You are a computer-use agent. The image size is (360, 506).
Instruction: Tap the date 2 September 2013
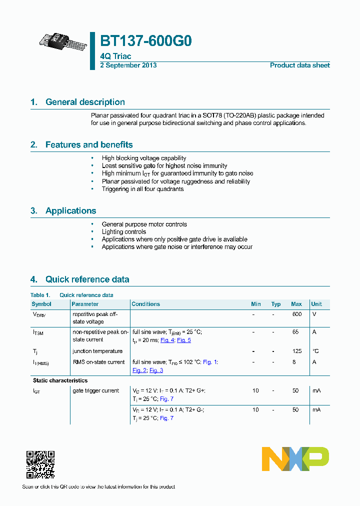128,65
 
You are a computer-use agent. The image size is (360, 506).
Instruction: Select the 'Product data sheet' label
299,65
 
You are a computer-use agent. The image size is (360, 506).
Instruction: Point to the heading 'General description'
85,102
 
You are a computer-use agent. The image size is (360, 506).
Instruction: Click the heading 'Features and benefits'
89,145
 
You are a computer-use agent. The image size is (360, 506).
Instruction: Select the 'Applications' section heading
70,211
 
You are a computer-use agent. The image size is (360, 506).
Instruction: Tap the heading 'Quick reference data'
87,279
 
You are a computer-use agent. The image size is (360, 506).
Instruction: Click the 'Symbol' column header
41,304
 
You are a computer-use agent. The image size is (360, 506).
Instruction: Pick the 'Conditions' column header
145,304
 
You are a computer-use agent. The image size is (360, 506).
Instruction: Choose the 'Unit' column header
316,304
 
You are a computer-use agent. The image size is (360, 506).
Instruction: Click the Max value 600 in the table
296,314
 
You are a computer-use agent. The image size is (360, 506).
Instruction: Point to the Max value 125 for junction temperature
296,351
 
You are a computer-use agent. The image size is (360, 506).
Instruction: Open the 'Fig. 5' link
184,340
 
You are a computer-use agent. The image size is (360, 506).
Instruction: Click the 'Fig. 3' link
156,370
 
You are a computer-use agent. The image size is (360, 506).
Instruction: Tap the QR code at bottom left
40,464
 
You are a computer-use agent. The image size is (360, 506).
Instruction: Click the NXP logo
295,459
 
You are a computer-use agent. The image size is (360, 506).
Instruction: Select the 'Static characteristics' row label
60,380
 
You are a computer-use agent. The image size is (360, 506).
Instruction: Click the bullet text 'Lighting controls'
124,232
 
